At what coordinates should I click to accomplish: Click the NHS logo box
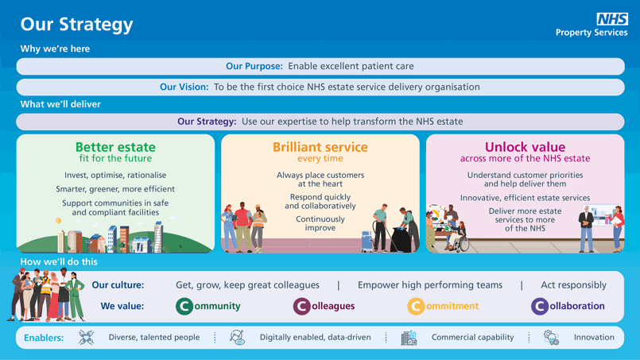coord(612,19)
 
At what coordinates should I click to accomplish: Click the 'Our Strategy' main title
coord(77,25)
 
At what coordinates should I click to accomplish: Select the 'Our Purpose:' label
coord(254,66)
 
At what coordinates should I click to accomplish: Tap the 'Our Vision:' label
coord(184,87)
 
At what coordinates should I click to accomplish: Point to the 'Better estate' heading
coord(115,147)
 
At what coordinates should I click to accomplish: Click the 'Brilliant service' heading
coord(320,147)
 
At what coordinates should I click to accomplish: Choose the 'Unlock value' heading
coord(526,147)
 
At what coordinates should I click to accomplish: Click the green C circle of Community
coord(184,306)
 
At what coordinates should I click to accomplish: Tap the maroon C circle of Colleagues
coord(301,306)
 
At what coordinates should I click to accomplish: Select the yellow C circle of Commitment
coord(416,306)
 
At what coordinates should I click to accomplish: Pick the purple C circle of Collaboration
coord(540,306)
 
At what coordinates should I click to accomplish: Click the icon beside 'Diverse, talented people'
coord(86,338)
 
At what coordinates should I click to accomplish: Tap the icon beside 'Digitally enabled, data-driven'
coord(238,338)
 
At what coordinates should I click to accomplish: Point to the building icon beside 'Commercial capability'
coord(409,338)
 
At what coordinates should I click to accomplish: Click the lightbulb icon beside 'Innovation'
coord(551,338)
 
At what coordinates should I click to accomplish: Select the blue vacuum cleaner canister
coord(367,242)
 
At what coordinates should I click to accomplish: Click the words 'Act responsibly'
coord(573,285)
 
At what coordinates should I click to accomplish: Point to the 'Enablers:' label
coord(44,338)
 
